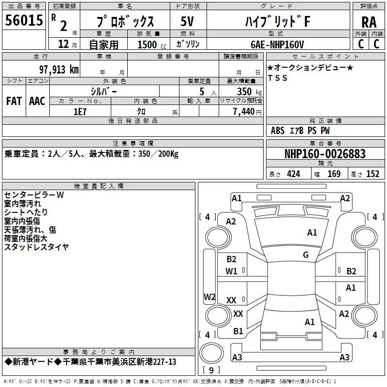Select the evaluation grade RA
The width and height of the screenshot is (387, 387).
[x=369, y=21]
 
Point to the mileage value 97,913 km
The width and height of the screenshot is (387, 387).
[x=59, y=69]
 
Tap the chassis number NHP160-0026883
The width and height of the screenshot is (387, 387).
[x=325, y=154]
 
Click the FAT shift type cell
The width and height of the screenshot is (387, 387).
[x=14, y=101]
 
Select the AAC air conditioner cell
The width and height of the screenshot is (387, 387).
[x=37, y=101]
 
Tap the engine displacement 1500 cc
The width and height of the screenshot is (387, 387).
[x=148, y=45]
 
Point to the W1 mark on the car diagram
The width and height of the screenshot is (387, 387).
[x=232, y=271]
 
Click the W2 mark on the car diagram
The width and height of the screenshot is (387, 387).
[x=209, y=297]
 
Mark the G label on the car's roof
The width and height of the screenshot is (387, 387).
[x=305, y=255]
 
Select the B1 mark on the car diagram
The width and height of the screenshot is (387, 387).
[x=238, y=331]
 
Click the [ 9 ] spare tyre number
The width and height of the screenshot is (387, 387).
[x=211, y=371]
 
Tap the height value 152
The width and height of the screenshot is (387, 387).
[x=372, y=174]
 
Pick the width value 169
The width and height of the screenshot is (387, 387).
[x=334, y=174]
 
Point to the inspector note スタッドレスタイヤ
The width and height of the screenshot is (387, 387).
[x=36, y=247]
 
